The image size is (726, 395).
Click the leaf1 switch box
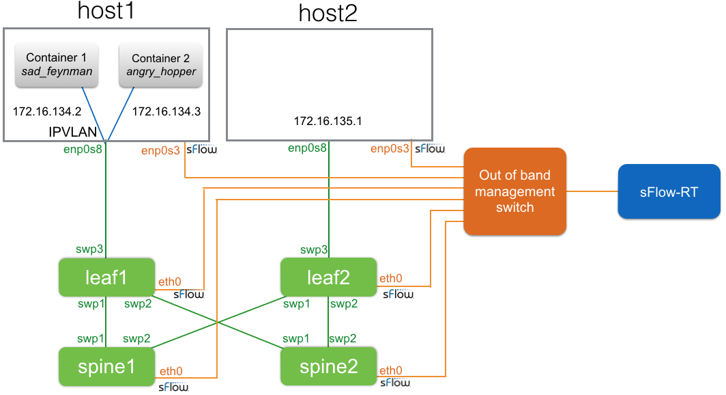[106, 277]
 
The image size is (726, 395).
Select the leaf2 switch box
[329, 277]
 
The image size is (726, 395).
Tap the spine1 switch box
[106, 366]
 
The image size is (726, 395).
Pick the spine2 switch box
[329, 366]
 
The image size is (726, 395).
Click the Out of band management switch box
[515, 191]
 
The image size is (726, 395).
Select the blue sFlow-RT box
[669, 191]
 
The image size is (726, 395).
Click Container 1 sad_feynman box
[57, 66]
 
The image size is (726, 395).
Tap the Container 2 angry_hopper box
[160, 66]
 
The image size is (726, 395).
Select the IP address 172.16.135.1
[328, 121]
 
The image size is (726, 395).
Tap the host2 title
[328, 14]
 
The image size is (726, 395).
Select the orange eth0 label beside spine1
[171, 372]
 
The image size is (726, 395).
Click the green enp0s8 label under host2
[307, 148]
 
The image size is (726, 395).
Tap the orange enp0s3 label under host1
[161, 149]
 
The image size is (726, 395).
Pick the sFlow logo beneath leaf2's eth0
[397, 294]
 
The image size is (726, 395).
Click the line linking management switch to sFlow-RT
[592, 191]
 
